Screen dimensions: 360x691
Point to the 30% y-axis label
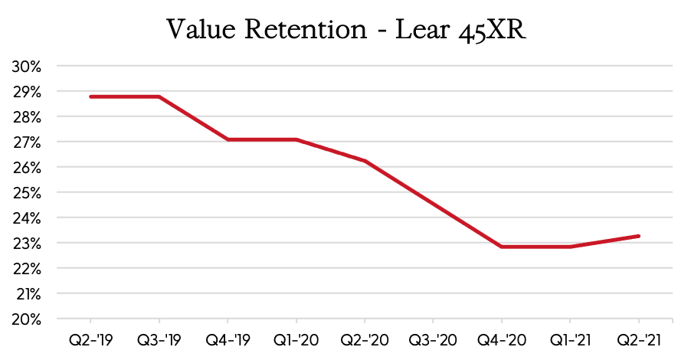(x=27, y=67)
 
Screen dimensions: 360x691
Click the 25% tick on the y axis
(x=27, y=192)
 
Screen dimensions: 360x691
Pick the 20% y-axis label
(x=27, y=319)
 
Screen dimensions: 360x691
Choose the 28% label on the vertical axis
(x=27, y=117)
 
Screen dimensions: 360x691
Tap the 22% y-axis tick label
(x=27, y=268)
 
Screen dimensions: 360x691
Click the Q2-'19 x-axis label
(x=90, y=339)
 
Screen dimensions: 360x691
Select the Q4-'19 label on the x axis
(x=228, y=339)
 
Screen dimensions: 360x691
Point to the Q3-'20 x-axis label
(x=433, y=339)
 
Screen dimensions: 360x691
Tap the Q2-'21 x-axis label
(x=639, y=339)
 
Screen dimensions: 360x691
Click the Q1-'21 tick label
(x=570, y=339)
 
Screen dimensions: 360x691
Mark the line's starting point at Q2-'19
(x=90, y=97)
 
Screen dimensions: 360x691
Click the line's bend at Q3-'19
(x=159, y=97)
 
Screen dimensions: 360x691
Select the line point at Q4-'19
(x=228, y=139)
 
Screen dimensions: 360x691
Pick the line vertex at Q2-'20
(x=365, y=161)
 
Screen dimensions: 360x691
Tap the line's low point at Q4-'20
(x=502, y=247)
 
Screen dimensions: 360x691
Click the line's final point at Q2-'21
(x=639, y=236)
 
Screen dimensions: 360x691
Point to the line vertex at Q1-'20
(x=296, y=139)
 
